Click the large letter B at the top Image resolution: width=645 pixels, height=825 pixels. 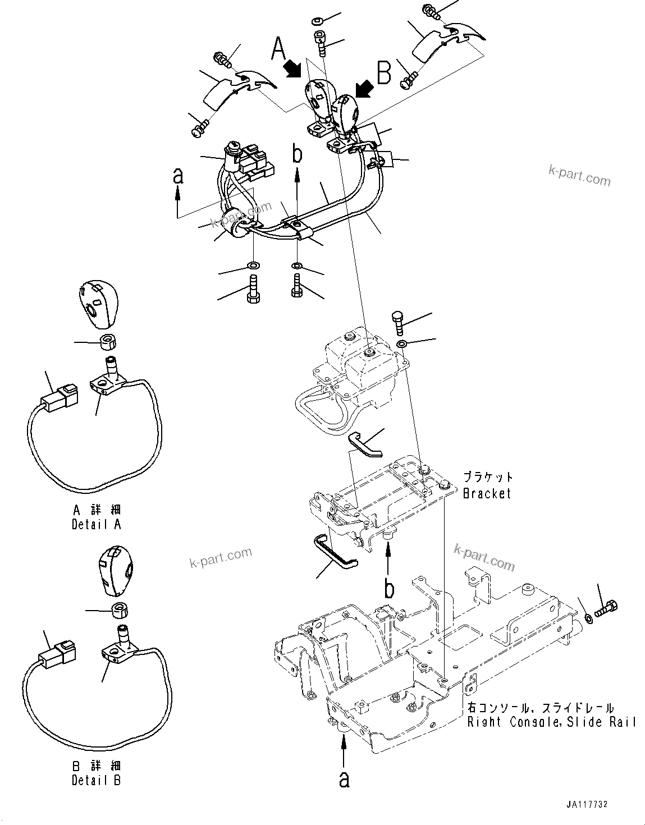pyautogui.click(x=384, y=73)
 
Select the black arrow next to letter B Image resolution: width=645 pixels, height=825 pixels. pyautogui.click(x=363, y=88)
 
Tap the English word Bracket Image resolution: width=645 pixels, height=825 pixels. pyautogui.click(x=487, y=493)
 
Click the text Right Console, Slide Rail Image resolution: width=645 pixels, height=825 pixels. pyautogui.click(x=552, y=722)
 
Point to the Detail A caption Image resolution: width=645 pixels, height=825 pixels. pyautogui.click(x=96, y=524)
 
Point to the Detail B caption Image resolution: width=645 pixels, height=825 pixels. pyautogui.click(x=96, y=780)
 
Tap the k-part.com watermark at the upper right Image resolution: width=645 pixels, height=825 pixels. pyautogui.click(x=579, y=176)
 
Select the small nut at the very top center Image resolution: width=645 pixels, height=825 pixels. pyautogui.click(x=317, y=21)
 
